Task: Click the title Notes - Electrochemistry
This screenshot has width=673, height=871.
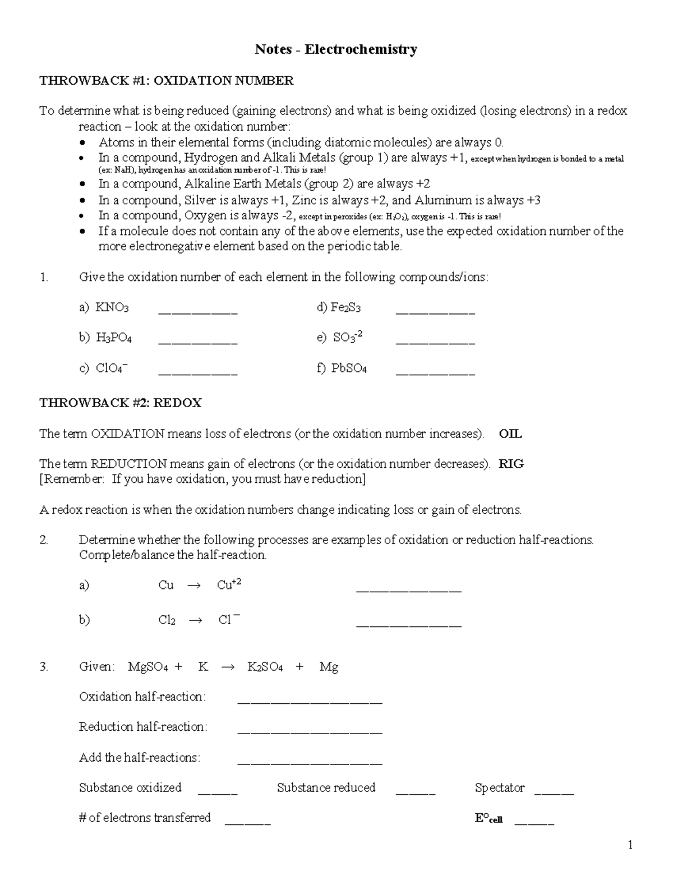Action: (336, 50)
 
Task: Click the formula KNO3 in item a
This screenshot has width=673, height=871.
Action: (112, 307)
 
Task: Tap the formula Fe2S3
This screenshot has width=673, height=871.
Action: (345, 307)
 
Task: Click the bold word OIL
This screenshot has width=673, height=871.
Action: (510, 434)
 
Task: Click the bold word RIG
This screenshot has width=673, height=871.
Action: (511, 464)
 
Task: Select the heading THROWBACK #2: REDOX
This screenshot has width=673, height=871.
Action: (120, 403)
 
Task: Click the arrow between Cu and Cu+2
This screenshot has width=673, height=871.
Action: (193, 586)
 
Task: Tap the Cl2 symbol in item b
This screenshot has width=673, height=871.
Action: (167, 620)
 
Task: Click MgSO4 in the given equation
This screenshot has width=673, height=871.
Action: (148, 667)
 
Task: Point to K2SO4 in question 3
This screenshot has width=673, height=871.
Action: (265, 667)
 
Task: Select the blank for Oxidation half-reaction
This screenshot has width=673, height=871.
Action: (310, 701)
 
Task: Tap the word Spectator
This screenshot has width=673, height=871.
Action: (499, 788)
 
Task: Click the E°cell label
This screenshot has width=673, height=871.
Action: (488, 818)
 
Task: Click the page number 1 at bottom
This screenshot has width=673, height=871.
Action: (630, 845)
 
